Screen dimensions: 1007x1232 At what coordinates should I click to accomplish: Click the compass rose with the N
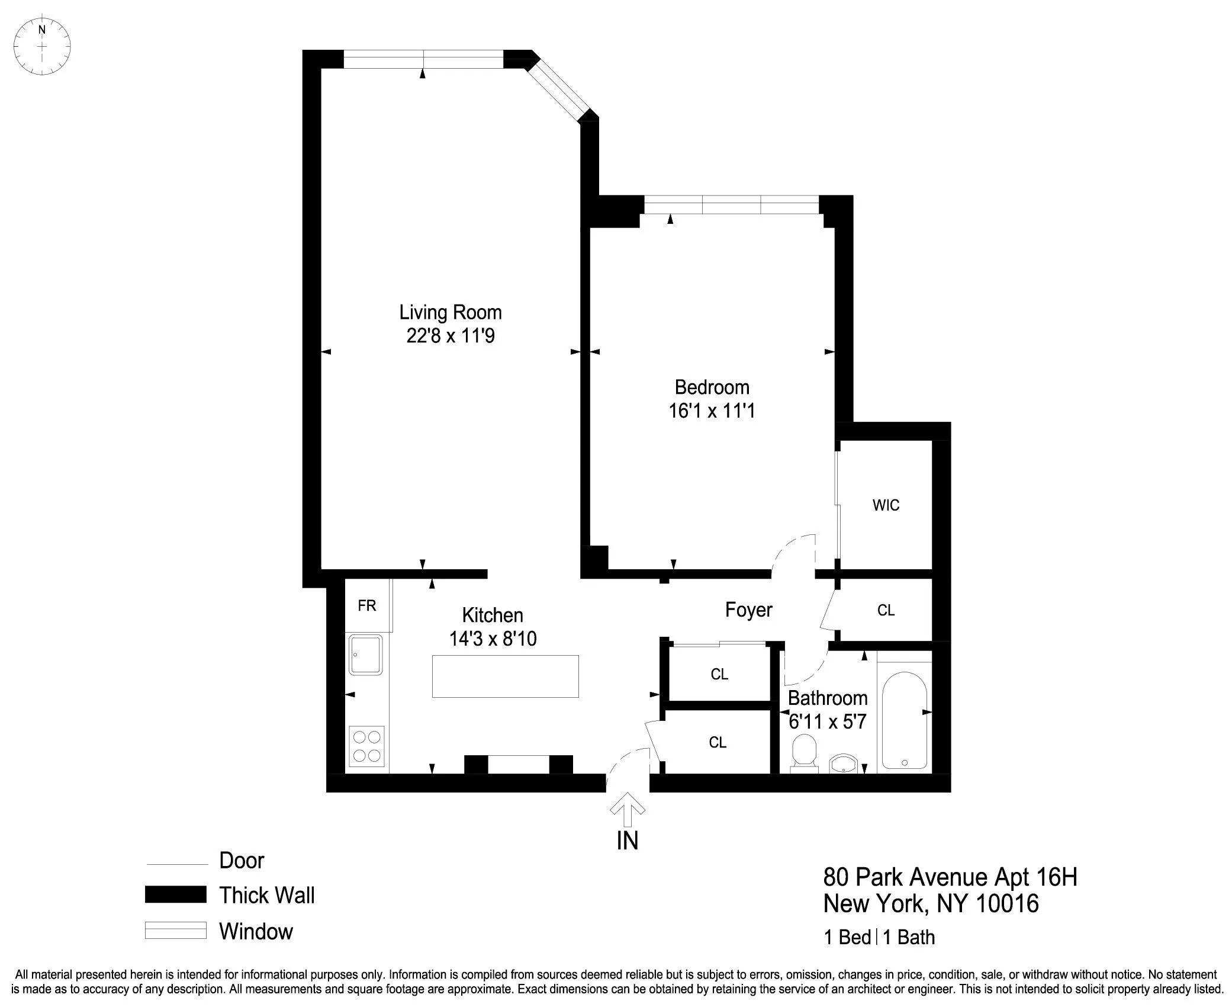(x=42, y=46)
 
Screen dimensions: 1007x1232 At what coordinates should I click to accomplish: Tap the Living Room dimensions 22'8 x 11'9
(x=450, y=336)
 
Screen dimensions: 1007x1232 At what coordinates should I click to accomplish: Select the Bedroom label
(x=712, y=387)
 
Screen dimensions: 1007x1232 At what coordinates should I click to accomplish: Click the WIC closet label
(x=886, y=505)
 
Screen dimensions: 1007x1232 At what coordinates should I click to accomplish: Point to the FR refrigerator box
(x=367, y=605)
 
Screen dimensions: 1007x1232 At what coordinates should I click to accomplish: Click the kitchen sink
(x=365, y=655)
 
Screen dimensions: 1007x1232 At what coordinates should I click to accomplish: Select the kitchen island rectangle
(x=505, y=676)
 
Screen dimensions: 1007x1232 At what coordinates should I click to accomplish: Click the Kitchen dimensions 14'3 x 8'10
(x=493, y=639)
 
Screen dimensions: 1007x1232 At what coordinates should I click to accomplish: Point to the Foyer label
(x=748, y=610)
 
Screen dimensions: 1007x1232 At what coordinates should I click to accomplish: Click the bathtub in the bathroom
(x=904, y=720)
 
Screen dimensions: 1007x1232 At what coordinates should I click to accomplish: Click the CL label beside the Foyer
(x=886, y=610)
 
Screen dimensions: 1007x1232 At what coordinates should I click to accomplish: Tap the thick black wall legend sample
(x=176, y=894)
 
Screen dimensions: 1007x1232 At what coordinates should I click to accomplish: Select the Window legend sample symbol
(x=176, y=931)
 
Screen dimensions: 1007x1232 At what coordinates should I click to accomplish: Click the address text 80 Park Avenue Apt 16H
(x=950, y=877)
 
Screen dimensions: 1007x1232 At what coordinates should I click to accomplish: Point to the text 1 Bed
(x=847, y=938)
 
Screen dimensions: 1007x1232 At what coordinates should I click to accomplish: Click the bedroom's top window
(x=731, y=205)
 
